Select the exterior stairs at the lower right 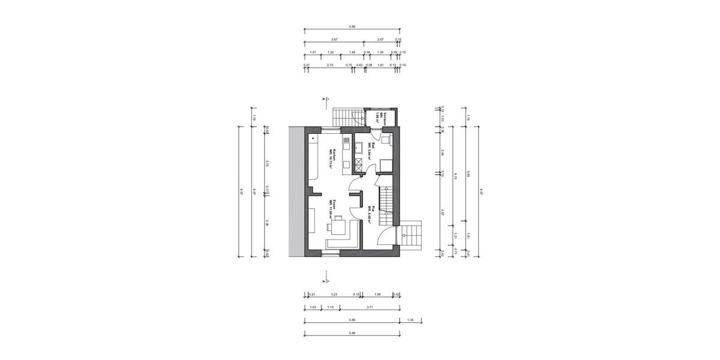coord(413,236)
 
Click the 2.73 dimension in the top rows coord(330,65)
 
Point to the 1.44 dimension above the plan coord(352,52)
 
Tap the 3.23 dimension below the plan coord(334,294)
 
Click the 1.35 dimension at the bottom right coord(410,320)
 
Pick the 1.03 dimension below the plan coord(313,307)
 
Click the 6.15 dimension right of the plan coord(457,175)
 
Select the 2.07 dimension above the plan coord(380,39)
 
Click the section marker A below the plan coord(324,279)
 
